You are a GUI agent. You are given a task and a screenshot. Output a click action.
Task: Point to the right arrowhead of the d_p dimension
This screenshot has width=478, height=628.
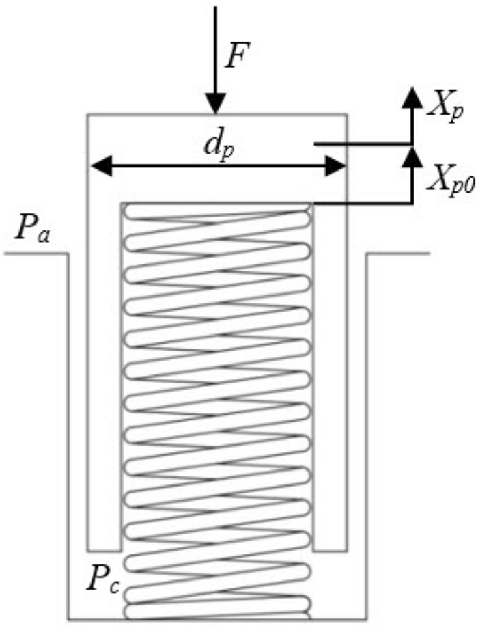[334, 165]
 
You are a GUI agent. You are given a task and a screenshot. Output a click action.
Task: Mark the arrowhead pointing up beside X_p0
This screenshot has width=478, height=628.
[411, 155]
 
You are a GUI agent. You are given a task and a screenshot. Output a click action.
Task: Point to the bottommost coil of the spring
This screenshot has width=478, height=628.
[216, 608]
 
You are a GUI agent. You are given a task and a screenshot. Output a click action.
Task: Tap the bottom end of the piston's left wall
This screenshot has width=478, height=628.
[104, 549]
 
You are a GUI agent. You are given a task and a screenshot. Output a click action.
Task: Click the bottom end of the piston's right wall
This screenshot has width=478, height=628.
[331, 549]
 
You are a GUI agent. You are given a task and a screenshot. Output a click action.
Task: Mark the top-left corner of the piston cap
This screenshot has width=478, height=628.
[87, 115]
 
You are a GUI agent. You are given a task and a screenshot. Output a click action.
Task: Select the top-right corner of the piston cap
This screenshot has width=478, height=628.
[347, 115]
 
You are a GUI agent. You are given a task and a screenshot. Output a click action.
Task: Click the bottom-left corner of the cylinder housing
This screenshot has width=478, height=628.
[68, 619]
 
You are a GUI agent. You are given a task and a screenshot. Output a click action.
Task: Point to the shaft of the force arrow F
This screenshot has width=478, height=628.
[216, 48]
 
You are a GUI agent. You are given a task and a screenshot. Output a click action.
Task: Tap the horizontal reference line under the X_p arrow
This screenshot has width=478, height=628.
[362, 144]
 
